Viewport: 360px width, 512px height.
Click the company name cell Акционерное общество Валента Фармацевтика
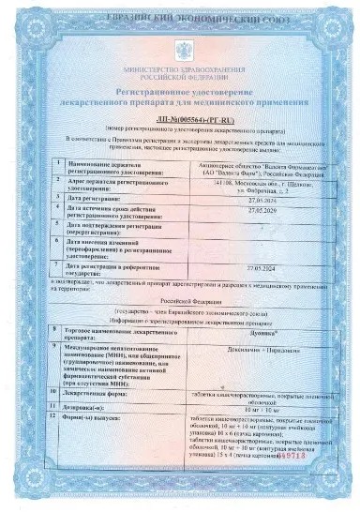[249, 169]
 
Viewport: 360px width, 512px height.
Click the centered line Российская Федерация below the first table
[180, 292]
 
